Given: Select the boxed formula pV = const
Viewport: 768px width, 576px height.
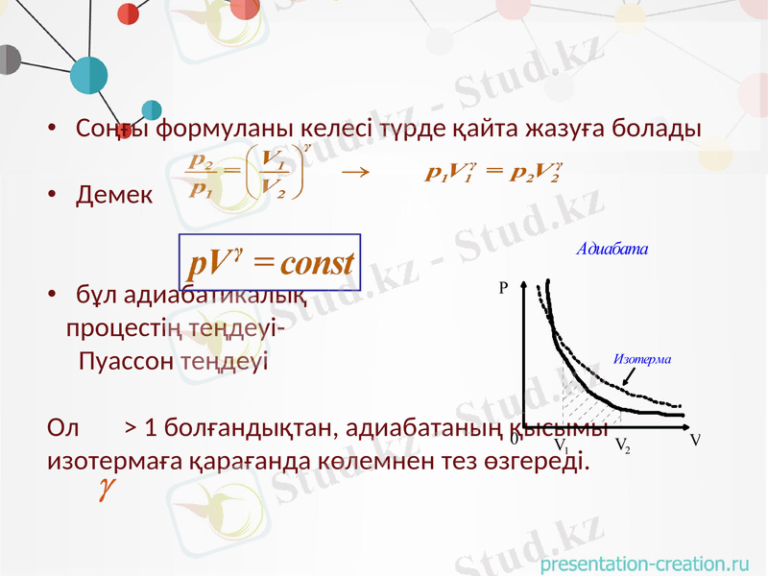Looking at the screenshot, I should pyautogui.click(x=270, y=261).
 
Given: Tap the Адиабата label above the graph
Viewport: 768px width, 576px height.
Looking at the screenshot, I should pyautogui.click(x=612, y=249).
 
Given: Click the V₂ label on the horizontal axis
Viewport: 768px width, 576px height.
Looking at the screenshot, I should pyautogui.click(x=622, y=445).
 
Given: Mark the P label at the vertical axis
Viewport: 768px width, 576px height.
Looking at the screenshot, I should pyautogui.click(x=503, y=287).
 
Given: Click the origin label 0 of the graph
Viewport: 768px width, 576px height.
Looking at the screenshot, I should pyautogui.click(x=515, y=439).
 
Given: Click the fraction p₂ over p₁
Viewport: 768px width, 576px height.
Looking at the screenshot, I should pyautogui.click(x=203, y=175).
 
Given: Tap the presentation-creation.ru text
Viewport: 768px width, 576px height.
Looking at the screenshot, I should pyautogui.click(x=644, y=564).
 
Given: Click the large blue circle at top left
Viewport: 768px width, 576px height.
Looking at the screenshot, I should pyautogui.click(x=89, y=75).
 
